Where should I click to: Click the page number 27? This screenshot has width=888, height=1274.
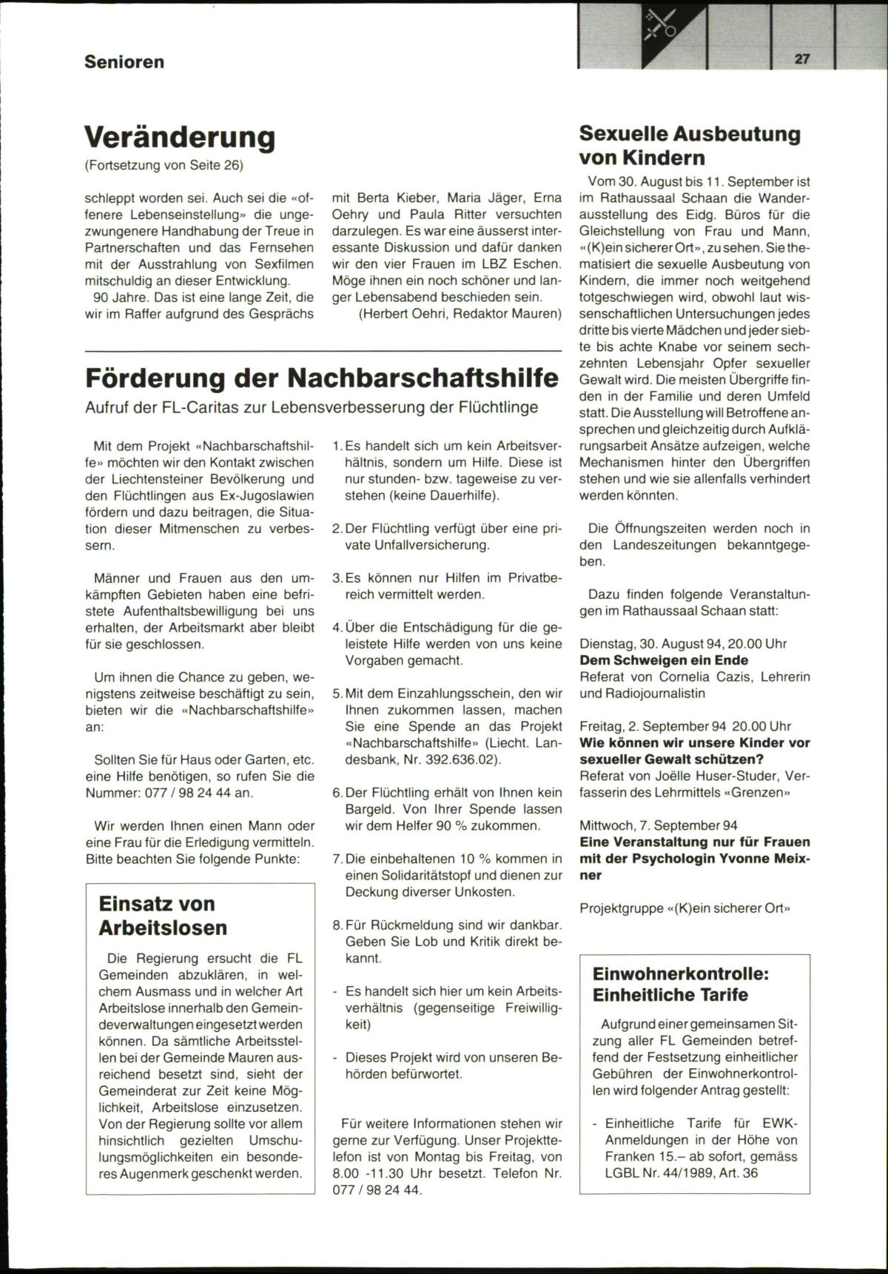tap(802, 59)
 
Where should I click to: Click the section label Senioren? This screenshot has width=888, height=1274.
tap(124, 61)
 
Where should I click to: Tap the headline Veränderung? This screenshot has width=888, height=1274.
tap(180, 137)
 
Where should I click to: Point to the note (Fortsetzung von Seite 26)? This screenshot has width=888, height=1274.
tap(164, 165)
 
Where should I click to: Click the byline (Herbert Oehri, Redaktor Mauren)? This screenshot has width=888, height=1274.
tap(460, 313)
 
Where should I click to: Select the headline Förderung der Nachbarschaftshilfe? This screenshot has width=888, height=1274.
tap(322, 378)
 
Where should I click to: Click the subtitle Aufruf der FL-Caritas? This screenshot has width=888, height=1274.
tap(312, 407)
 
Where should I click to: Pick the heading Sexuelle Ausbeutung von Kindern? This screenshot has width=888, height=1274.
tap(690, 146)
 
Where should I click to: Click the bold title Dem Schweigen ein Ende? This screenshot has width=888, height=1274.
tap(664, 660)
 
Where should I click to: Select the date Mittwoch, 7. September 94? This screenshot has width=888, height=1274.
tap(659, 825)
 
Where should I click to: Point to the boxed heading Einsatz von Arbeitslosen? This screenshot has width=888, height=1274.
tap(164, 916)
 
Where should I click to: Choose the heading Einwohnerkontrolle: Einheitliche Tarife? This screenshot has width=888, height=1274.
tap(681, 984)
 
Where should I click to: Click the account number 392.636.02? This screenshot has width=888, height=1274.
tap(460, 760)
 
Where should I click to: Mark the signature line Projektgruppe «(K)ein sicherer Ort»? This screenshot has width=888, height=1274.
tap(684, 908)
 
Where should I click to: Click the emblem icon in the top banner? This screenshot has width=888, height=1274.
tap(661, 24)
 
